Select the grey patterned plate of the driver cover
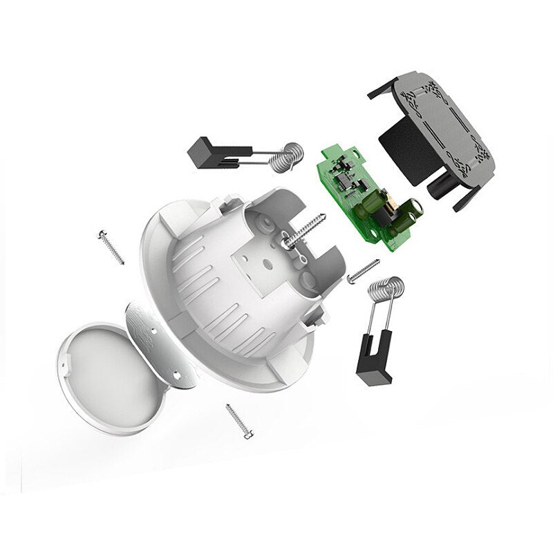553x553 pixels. tap(442, 124)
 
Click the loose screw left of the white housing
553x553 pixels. tap(111, 247)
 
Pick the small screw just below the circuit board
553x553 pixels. tap(364, 270)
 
